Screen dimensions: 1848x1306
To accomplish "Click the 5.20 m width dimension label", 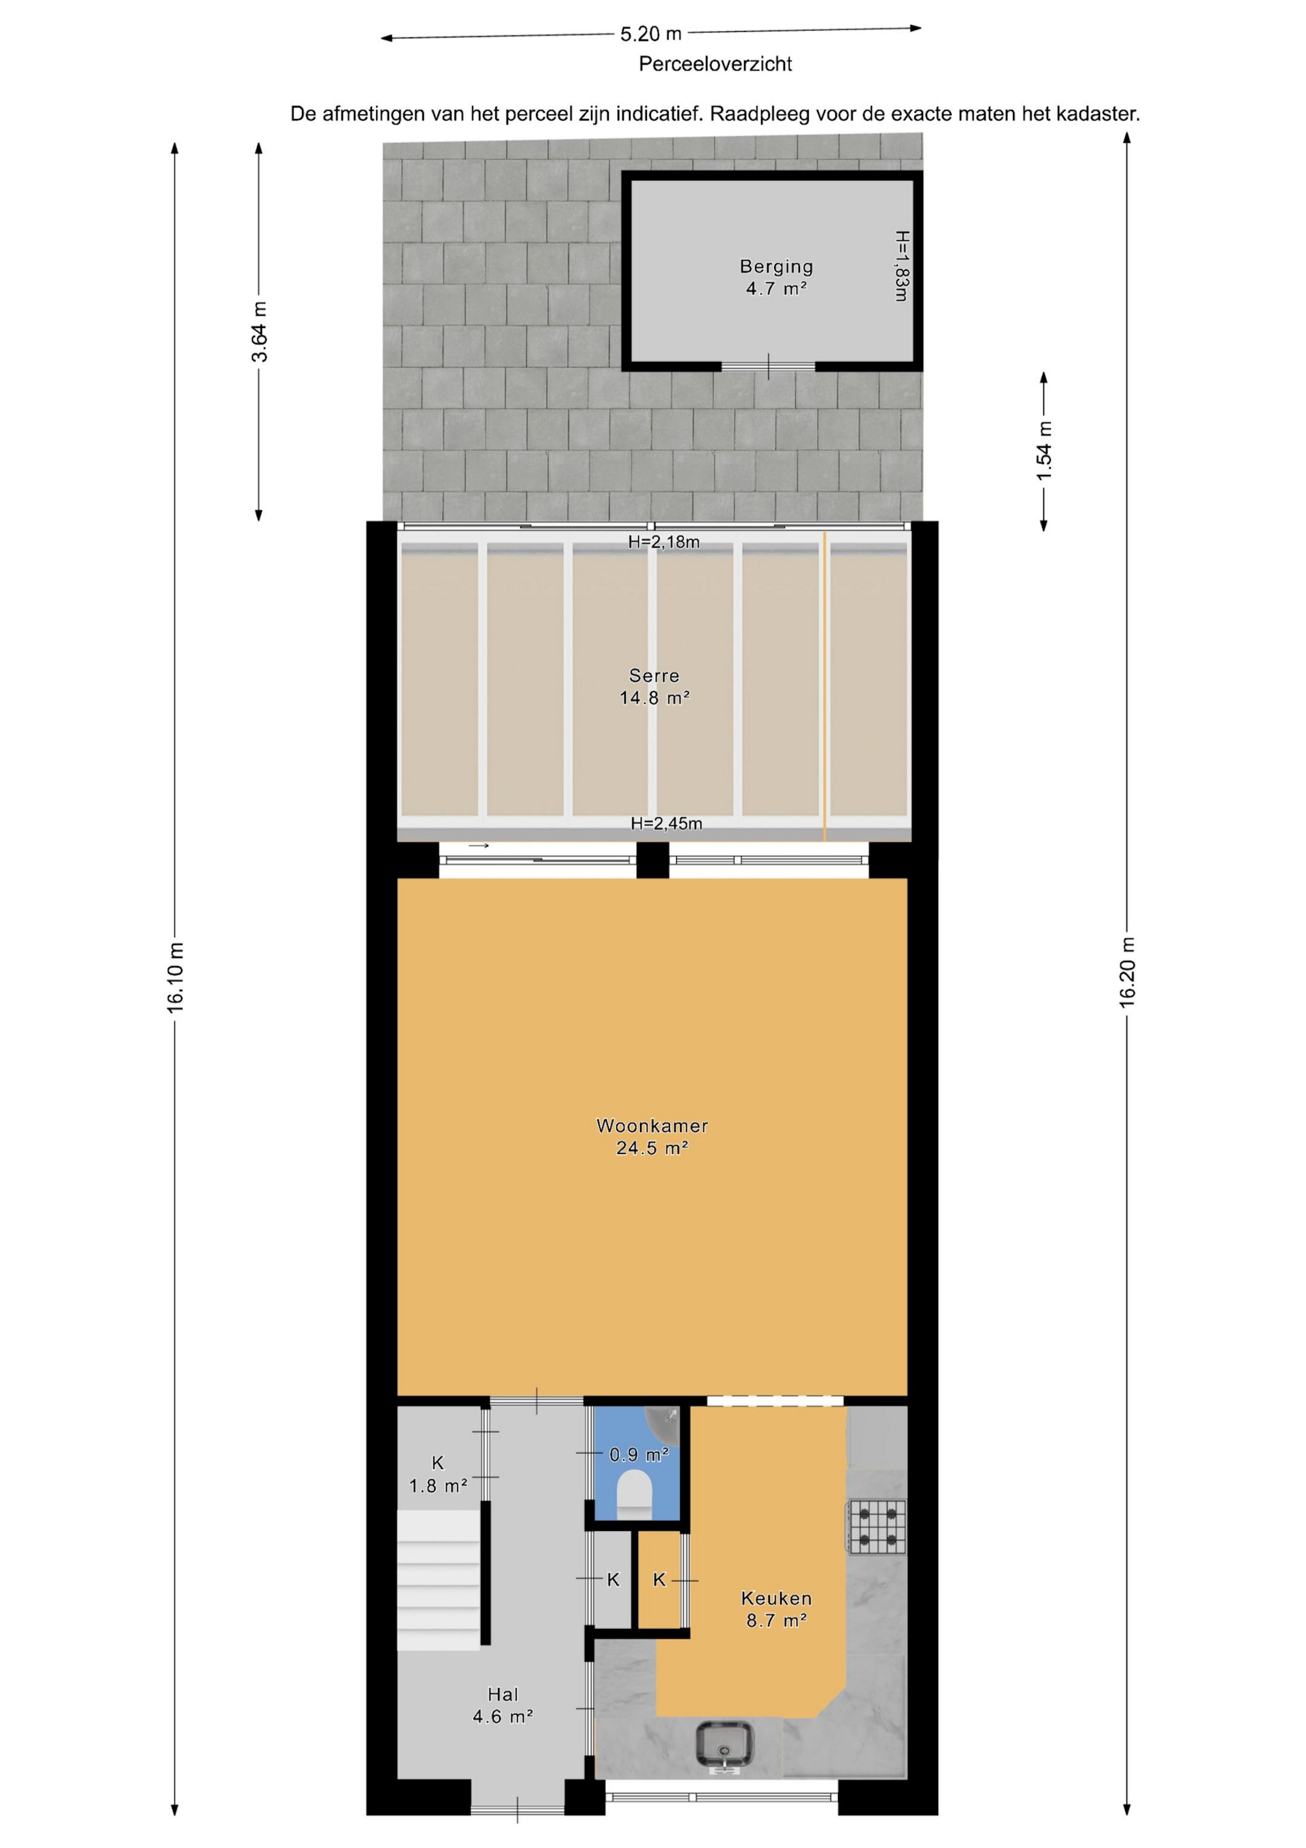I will click(650, 34).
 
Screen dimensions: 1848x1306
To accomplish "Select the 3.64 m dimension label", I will click(259, 331).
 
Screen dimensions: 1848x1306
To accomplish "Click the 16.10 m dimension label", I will click(176, 976).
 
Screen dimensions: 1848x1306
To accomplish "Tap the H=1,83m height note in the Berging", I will click(901, 267).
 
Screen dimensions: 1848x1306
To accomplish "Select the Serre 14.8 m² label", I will click(654, 687).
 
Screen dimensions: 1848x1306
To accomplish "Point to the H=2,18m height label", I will click(664, 542).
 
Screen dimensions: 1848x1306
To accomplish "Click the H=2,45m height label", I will click(667, 823).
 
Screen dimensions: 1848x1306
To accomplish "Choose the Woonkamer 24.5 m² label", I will click(652, 1136).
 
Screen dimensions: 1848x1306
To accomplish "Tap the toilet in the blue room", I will click(634, 1491).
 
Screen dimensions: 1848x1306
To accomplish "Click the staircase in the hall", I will click(439, 1579).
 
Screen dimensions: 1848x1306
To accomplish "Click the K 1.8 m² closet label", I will click(438, 1474).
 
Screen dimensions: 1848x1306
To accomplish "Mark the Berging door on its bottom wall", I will click(769, 366).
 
